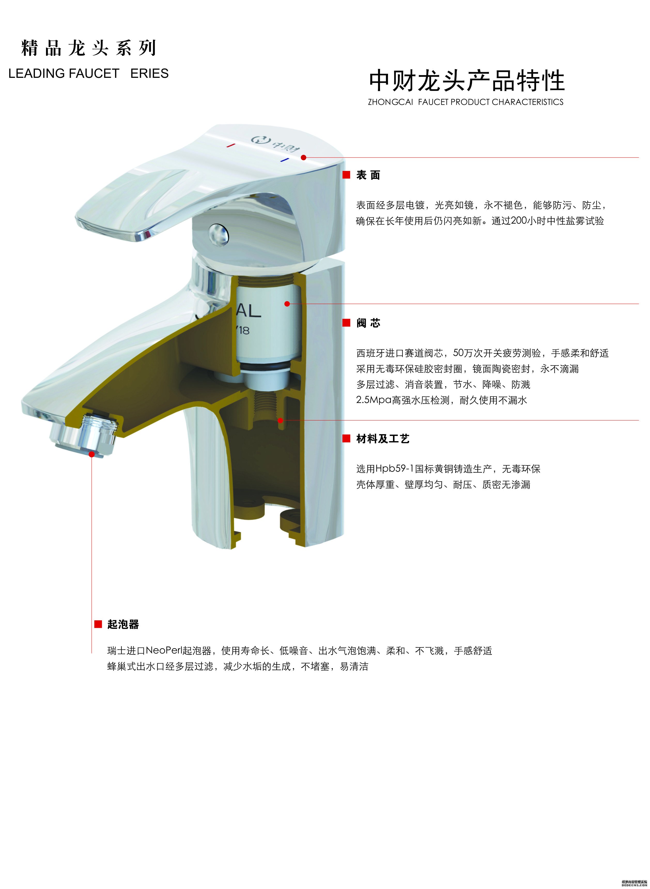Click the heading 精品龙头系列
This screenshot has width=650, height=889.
(x=89, y=48)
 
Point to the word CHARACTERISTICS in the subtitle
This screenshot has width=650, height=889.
(x=527, y=102)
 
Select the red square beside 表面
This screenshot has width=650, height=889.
(x=346, y=175)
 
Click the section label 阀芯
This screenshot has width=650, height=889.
(x=368, y=323)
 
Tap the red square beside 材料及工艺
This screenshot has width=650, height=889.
(x=346, y=439)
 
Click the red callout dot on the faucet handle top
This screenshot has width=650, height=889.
(x=303, y=157)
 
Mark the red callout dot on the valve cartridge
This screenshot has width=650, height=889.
(x=287, y=304)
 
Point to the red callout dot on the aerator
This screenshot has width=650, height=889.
(x=92, y=454)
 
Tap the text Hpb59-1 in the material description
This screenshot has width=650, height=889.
(x=395, y=469)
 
